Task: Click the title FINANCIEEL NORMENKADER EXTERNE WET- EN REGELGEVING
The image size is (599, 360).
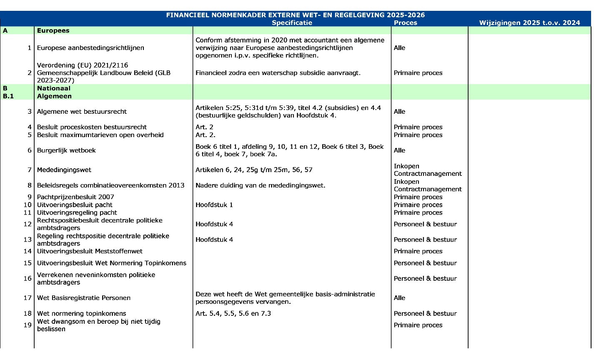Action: point(295,15)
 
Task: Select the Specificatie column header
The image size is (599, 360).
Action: point(292,23)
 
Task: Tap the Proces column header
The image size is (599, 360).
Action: point(405,23)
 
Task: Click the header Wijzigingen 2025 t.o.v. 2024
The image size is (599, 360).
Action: point(529,23)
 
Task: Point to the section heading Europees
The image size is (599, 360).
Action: point(53,31)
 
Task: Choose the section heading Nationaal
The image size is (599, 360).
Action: point(53,88)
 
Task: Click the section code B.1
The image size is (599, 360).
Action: point(8,96)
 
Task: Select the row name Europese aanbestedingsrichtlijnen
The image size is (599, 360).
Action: point(90,48)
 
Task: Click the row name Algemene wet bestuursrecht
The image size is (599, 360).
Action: point(82,112)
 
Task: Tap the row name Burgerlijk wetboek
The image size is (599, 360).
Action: point(66,150)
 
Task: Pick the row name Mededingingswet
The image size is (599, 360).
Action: point(64,170)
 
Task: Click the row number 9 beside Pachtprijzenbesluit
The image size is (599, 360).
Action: point(30,197)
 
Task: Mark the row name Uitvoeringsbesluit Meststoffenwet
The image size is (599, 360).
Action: point(90,251)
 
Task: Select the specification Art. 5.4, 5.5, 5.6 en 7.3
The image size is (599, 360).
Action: point(233,313)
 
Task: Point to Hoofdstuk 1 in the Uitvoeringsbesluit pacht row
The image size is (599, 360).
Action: point(214,205)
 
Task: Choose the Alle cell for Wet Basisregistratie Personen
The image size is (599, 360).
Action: point(399,298)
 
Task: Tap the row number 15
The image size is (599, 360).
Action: point(28,263)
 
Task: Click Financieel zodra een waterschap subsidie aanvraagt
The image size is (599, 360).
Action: point(278,73)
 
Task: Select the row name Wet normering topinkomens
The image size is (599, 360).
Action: point(81,313)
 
